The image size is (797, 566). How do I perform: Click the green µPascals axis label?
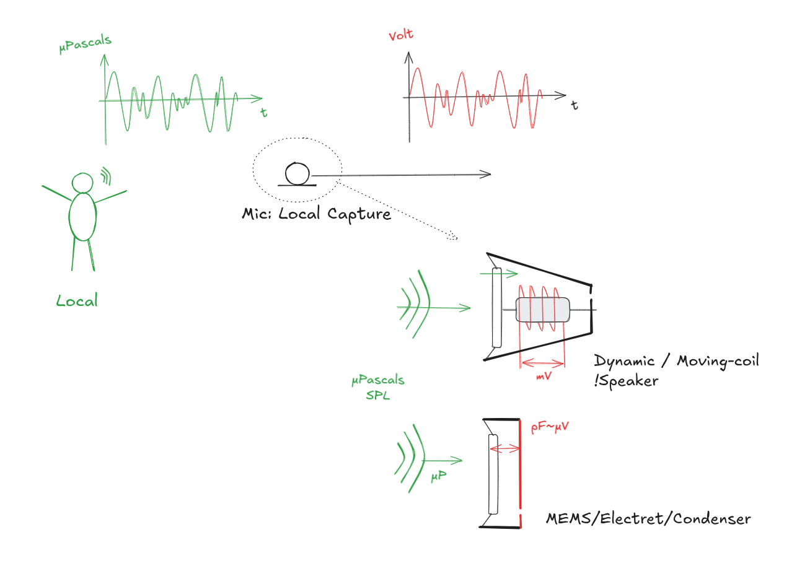click(x=86, y=45)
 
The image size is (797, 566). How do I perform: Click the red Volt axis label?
click(x=401, y=35)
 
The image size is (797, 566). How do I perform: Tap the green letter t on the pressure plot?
click(x=264, y=113)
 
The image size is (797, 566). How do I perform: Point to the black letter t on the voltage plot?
click(x=575, y=106)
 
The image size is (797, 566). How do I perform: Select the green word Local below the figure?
click(x=77, y=302)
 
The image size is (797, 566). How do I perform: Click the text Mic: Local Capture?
click(x=316, y=214)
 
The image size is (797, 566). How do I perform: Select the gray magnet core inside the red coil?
click(x=542, y=309)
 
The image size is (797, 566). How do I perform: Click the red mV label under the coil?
click(x=544, y=375)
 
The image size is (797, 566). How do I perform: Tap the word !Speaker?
click(x=625, y=381)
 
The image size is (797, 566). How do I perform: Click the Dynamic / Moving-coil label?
click(x=676, y=361)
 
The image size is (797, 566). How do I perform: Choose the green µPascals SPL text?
click(x=377, y=388)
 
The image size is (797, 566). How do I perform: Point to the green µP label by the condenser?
click(x=439, y=477)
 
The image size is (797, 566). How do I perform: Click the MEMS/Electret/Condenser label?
click(x=648, y=519)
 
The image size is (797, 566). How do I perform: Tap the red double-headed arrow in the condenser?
click(x=504, y=447)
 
